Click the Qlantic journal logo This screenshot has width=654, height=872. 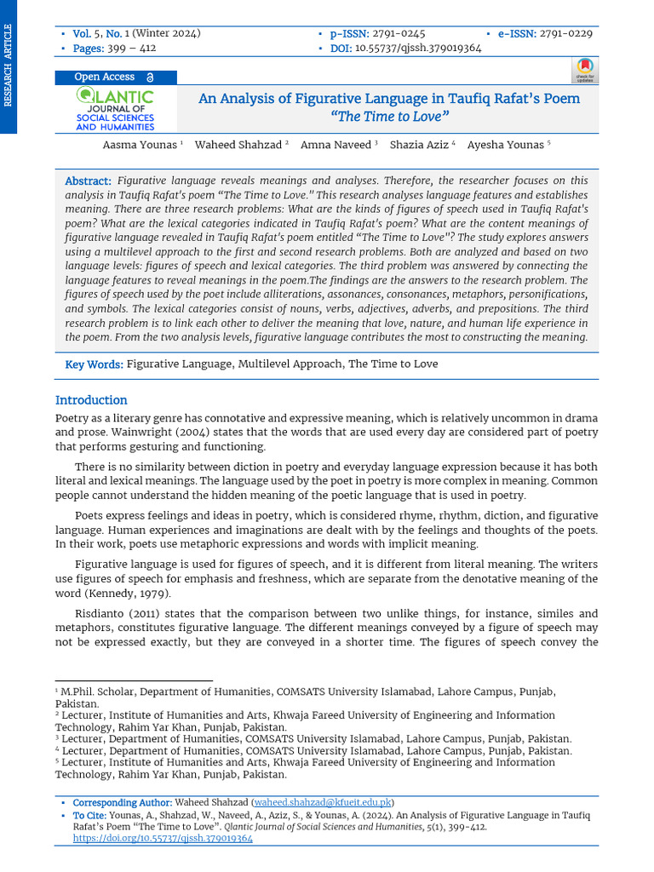[x=115, y=110]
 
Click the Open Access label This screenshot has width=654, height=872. [x=106, y=77]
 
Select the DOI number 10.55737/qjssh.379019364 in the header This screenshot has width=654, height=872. [x=417, y=49]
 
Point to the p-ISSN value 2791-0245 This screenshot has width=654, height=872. [x=399, y=34]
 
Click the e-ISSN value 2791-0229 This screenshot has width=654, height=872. [x=565, y=34]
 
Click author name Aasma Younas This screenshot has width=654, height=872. [x=140, y=145]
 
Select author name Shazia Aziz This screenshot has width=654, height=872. [x=419, y=145]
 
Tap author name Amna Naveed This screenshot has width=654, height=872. [x=336, y=145]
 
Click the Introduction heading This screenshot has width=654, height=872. [x=91, y=400]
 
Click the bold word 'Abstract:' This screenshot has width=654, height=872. [x=89, y=181]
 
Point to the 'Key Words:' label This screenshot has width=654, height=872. [x=95, y=364]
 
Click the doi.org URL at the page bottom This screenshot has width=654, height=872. [x=163, y=839]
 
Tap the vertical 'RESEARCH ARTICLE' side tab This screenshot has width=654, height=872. [x=9, y=66]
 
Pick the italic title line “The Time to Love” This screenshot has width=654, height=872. [x=389, y=117]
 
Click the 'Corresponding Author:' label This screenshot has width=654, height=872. [x=122, y=803]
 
